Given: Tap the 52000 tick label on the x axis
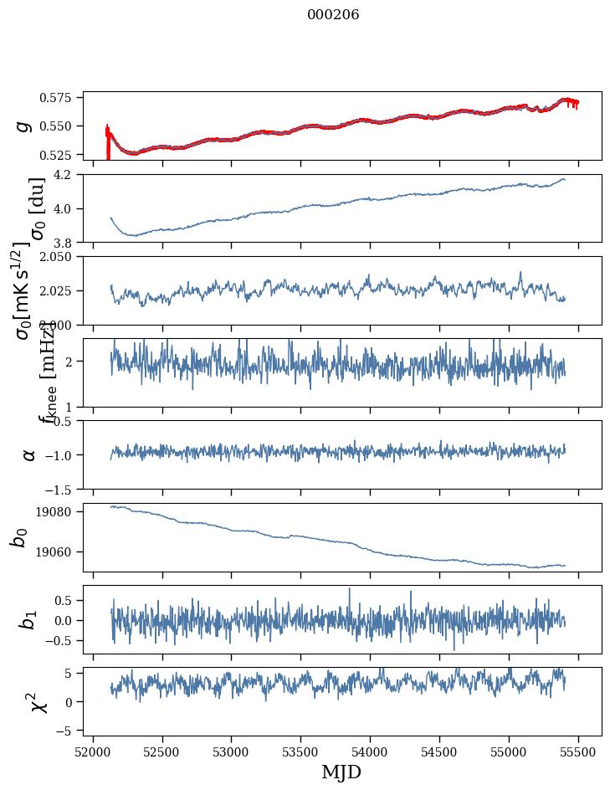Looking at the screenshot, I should pyautogui.click(x=93, y=751).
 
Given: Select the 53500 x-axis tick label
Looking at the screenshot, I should pyautogui.click(x=301, y=751).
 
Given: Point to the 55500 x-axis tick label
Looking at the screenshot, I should pyautogui.click(x=579, y=751).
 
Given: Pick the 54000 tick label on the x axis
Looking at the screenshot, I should pyautogui.click(x=371, y=751).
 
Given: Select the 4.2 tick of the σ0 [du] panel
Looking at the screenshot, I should pyautogui.click(x=67, y=175).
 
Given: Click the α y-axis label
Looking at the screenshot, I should pyautogui.click(x=28, y=454).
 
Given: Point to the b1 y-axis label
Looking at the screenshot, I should pyautogui.click(x=28, y=619).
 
